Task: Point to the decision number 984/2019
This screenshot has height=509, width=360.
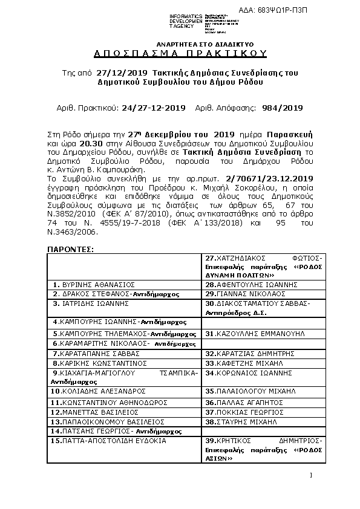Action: (x=283, y=108)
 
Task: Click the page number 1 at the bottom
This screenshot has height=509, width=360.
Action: (x=310, y=475)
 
